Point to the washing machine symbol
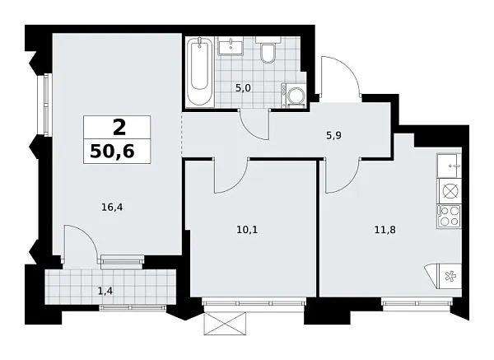coord(294,96)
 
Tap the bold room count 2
coord(119,127)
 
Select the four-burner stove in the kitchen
coord(450,217)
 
